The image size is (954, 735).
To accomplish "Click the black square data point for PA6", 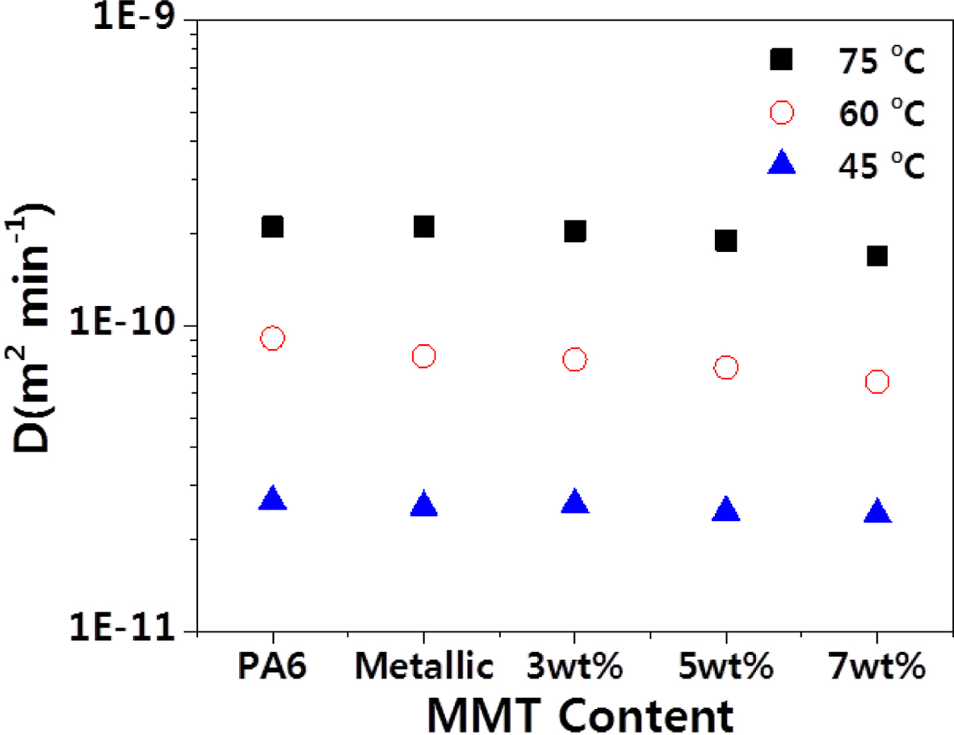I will point(272,227).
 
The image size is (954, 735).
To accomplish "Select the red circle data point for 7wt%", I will point(876,381).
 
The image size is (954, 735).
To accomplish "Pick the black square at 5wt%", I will point(725,241).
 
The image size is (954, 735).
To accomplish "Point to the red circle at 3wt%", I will point(574,359).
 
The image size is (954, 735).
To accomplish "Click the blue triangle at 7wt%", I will point(876,512).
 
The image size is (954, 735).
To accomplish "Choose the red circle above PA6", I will point(272,338).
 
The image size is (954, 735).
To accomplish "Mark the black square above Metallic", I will point(423,227).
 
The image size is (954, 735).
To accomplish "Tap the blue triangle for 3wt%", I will point(574,502).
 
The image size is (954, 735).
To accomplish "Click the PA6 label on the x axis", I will point(272,668).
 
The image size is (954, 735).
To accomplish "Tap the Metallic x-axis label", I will point(424,668).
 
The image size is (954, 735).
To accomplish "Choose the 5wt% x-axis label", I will point(725,668).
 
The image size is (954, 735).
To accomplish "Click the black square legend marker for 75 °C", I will point(782,60).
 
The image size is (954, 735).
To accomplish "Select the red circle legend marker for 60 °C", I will point(782,112).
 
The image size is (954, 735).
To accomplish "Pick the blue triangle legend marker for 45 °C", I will point(782,164).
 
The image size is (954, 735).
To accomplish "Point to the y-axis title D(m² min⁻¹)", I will point(34,327).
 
